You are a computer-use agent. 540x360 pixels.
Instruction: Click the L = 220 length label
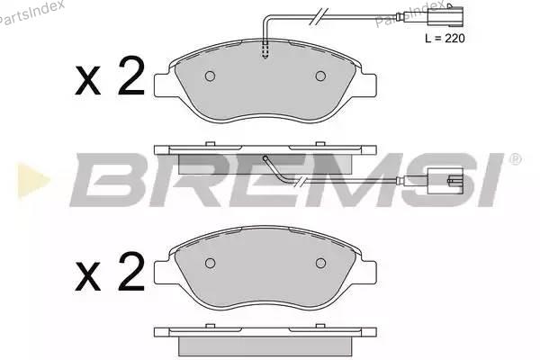pyautogui.click(x=445, y=38)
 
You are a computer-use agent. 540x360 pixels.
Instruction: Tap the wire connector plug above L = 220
pyautogui.click(x=445, y=16)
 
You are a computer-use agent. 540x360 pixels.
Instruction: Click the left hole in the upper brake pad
pyautogui.click(x=210, y=76)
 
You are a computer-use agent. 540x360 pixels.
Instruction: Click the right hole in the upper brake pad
pyautogui.click(x=320, y=76)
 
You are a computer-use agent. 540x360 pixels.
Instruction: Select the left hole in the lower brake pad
pyautogui.click(x=210, y=263)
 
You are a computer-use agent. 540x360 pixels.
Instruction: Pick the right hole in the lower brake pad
pyautogui.click(x=320, y=263)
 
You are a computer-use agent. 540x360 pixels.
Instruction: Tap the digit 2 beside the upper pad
pyautogui.click(x=130, y=76)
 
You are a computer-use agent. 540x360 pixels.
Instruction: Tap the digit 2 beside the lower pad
pyautogui.click(x=130, y=272)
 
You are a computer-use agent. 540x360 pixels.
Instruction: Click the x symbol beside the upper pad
pyautogui.click(x=88, y=82)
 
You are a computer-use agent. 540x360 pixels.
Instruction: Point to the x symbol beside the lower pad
pyautogui.click(x=88, y=277)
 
